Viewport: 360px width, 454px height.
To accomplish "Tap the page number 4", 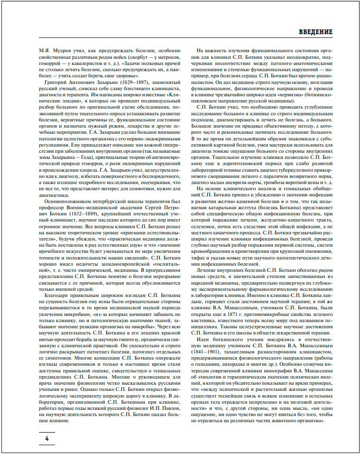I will coord(47,438).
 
